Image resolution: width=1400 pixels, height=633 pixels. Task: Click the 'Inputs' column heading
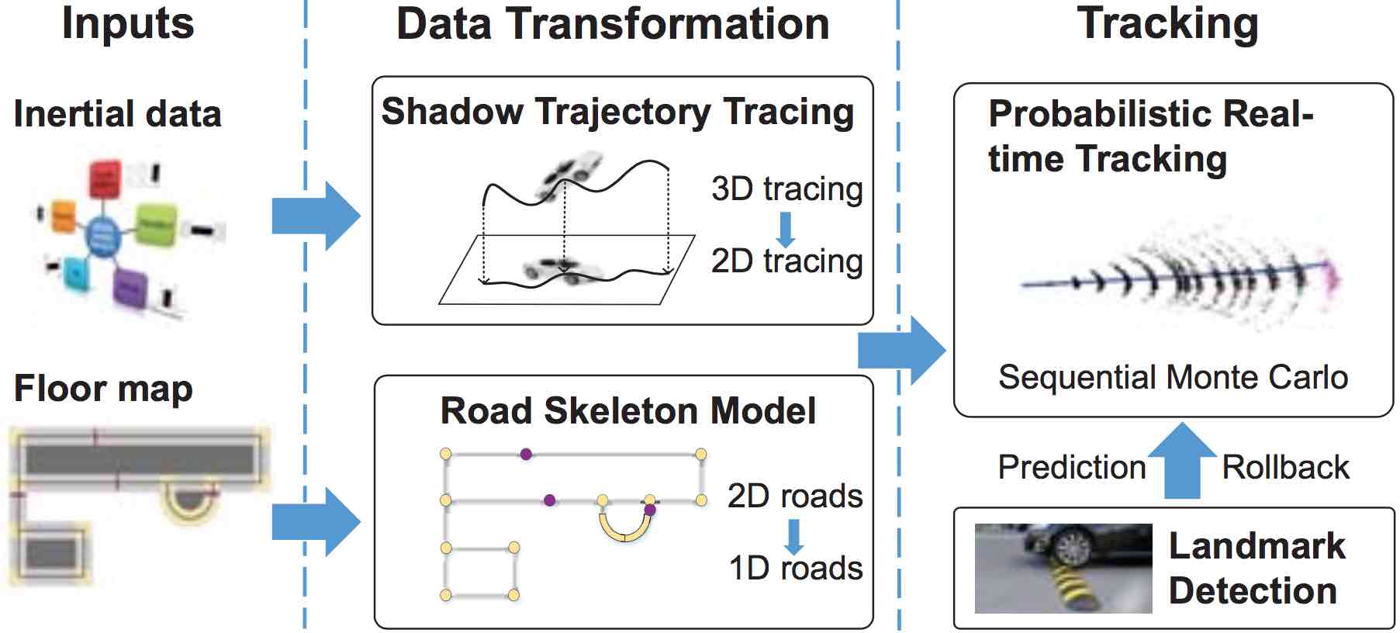click(127, 23)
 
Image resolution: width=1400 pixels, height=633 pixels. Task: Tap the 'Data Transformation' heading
click(612, 23)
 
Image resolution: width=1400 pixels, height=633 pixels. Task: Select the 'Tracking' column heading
click(1167, 23)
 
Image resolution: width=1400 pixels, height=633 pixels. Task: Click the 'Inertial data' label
click(117, 114)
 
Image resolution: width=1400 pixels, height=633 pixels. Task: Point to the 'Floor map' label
click(103, 389)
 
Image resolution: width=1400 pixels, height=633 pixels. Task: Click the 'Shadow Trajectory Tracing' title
click(617, 112)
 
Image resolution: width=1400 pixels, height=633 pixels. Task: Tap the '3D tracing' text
click(786, 189)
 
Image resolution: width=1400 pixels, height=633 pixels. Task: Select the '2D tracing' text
click(786, 261)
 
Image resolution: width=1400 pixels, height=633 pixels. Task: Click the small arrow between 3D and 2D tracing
click(786, 228)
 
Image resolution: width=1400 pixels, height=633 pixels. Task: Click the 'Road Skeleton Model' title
click(627, 410)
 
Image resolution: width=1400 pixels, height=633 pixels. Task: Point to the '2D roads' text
click(794, 496)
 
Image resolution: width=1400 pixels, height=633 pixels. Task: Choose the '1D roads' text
click(795, 568)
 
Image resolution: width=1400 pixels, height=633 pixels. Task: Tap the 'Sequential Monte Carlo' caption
click(1173, 377)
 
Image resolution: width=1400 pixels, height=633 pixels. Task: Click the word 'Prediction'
click(1071, 467)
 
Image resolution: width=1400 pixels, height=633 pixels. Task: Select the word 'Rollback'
click(1285, 467)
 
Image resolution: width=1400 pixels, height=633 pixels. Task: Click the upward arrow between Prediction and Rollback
click(1181, 461)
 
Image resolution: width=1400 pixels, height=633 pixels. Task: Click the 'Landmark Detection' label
click(1256, 568)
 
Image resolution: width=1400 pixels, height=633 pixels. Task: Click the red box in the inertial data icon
click(105, 179)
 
